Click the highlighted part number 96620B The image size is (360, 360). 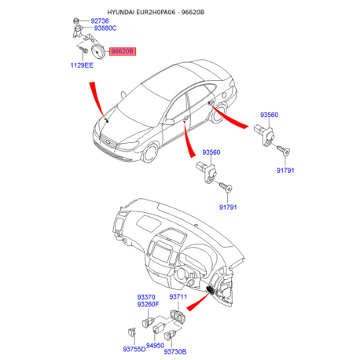[123, 51]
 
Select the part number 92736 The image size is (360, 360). [100, 21]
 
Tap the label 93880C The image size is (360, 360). [105, 28]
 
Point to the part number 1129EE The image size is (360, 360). [82, 65]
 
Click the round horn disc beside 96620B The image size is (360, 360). [97, 52]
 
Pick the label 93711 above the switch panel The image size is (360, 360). [178, 297]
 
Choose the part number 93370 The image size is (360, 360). [146, 297]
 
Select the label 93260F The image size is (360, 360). [148, 304]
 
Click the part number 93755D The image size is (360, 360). [134, 349]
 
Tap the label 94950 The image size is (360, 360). [155, 346]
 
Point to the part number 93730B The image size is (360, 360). [175, 351]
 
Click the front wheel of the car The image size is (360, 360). [150, 152]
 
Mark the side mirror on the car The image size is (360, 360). [169, 122]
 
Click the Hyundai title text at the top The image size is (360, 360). [156, 12]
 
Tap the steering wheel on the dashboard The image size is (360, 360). [182, 274]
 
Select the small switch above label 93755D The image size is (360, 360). [131, 332]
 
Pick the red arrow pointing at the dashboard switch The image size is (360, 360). [197, 302]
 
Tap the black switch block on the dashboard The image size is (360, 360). [211, 289]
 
